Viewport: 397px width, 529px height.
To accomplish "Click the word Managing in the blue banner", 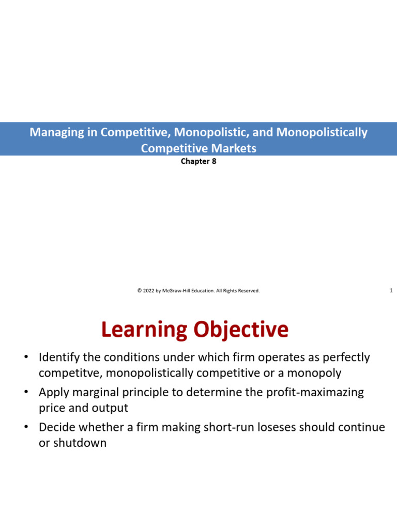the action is tap(57, 133).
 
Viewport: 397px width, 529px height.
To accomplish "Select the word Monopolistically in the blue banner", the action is tap(322, 133).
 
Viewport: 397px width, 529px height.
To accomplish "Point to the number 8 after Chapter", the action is tap(214, 161).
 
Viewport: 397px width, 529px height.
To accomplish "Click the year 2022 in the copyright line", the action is tap(148, 290).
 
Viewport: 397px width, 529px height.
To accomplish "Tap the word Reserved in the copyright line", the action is tap(249, 290).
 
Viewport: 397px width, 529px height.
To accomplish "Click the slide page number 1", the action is tap(391, 290).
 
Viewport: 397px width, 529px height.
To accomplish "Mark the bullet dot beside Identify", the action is tap(26, 357).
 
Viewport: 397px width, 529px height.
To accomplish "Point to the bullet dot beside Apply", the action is tap(26, 392).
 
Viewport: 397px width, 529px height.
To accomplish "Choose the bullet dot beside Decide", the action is tap(26, 427).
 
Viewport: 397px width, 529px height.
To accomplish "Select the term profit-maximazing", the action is tap(315, 393).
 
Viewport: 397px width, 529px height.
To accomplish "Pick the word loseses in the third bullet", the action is tap(277, 427).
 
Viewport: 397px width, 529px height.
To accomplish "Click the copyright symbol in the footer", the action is tap(140, 290).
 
